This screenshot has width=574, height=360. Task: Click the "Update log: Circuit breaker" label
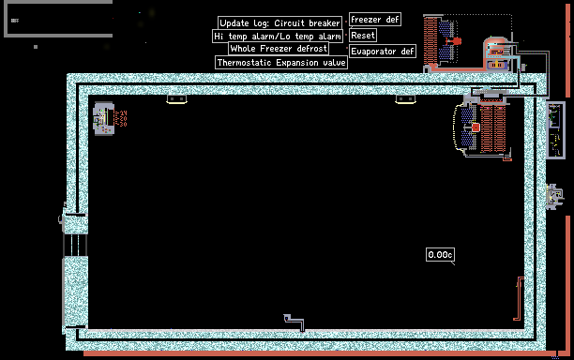pyautogui.click(x=279, y=22)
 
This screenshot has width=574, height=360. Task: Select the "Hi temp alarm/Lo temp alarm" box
pyautogui.click(x=278, y=36)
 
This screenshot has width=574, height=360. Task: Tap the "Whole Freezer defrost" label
pyautogui.click(x=279, y=49)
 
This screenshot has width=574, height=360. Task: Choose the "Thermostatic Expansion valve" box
pyautogui.click(x=281, y=62)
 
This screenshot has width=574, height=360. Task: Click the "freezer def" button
pyautogui.click(x=375, y=20)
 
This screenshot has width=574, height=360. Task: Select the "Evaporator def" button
pyautogui.click(x=382, y=52)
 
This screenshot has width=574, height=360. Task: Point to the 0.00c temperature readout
pyautogui.click(x=440, y=255)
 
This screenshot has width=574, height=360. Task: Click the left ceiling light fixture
pyautogui.click(x=177, y=99)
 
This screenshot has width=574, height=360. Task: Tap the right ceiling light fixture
pyautogui.click(x=405, y=99)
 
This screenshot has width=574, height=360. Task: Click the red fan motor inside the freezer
pyautogui.click(x=476, y=127)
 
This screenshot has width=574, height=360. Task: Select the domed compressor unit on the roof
pyautogui.click(x=496, y=53)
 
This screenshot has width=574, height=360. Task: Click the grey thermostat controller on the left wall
pyautogui.click(x=103, y=118)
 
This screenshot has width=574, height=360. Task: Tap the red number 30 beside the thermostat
pyautogui.click(x=122, y=125)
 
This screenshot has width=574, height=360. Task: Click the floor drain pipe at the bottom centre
pyautogui.click(x=294, y=322)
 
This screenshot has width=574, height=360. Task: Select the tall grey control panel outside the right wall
pyautogui.click(x=555, y=130)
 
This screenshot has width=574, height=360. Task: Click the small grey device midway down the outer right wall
pyautogui.click(x=554, y=197)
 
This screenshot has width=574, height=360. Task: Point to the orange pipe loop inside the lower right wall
pyautogui.click(x=519, y=298)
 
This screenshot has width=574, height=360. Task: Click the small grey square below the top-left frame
pyautogui.click(x=36, y=47)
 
